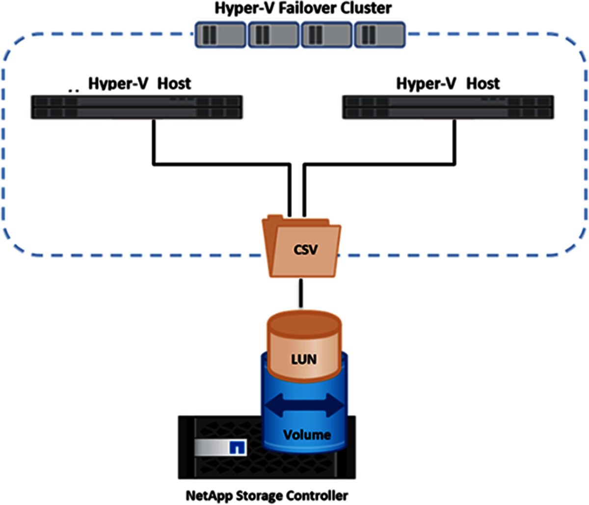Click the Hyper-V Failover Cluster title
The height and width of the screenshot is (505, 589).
point(303,8)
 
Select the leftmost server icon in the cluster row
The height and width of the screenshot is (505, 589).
point(221,34)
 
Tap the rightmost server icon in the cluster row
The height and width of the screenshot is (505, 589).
point(379,34)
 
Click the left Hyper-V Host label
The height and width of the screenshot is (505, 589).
point(139,84)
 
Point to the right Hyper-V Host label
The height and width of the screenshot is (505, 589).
point(448,84)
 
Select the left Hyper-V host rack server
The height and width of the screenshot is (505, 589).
point(136,107)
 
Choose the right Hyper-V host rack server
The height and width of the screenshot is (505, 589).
point(448,107)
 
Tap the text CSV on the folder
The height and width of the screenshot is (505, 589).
point(305,250)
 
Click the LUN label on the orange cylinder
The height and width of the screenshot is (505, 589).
point(303,359)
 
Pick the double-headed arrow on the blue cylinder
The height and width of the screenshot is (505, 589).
point(304,406)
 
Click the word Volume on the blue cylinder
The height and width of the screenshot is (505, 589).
point(307,435)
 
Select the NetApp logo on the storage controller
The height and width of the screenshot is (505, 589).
point(238,448)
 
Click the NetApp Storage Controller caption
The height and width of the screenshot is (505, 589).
point(267,495)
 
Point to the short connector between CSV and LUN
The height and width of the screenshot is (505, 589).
point(301,292)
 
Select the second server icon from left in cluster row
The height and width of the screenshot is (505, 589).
point(273,34)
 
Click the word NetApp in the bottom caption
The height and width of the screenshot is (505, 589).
point(206,495)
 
